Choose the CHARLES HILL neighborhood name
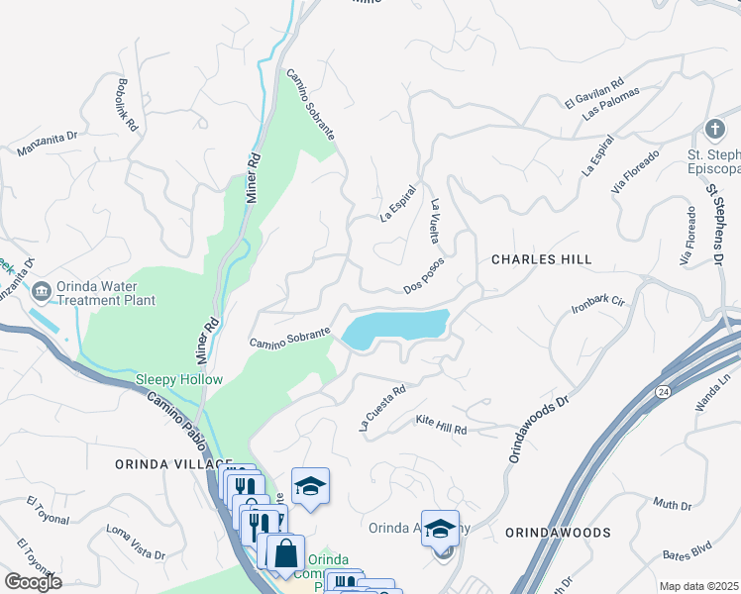(542, 259)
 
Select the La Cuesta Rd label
(382, 408)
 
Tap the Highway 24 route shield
(662, 393)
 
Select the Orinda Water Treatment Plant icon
(42, 290)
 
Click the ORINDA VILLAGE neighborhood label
(145, 463)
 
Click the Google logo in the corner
(33, 582)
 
